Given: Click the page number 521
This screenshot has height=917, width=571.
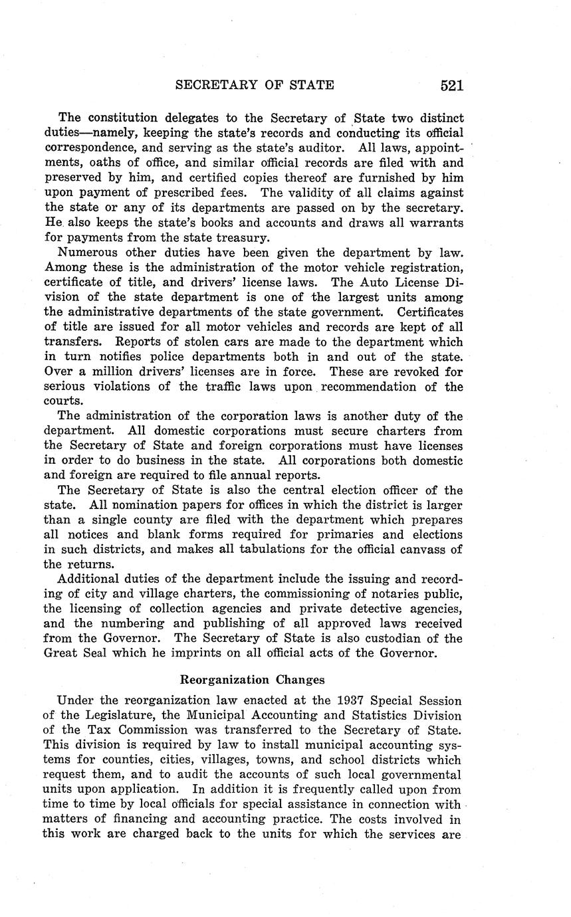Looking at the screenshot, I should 451,85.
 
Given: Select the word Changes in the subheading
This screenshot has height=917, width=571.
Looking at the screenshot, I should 300,680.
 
